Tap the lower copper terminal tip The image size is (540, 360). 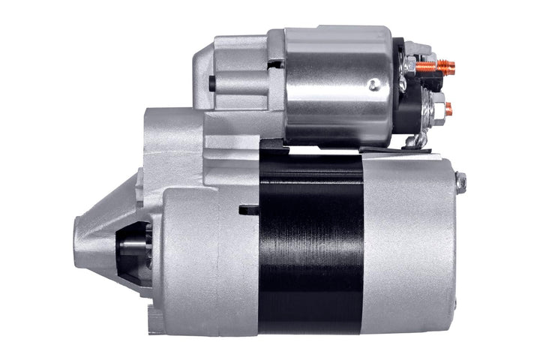coord(448,109)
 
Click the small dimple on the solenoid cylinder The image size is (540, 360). coord(373,85)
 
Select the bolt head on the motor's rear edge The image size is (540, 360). coord(460,182)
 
